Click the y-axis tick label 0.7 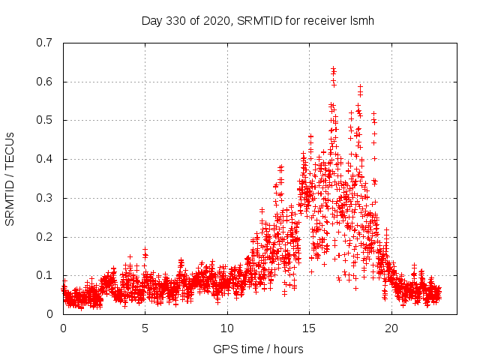(x=45, y=43)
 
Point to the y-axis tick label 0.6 (x=45, y=82)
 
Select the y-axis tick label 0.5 (x=45, y=120)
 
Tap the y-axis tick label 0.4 (x=45, y=159)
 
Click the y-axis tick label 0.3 (x=45, y=198)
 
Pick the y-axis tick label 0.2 (x=45, y=237)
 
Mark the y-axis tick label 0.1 (x=45, y=275)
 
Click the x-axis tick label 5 (x=145, y=328)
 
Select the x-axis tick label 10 (x=226, y=328)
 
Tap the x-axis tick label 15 (x=308, y=328)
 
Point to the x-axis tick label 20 (x=390, y=328)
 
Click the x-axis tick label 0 (x=63, y=328)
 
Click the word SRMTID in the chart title (x=259, y=20)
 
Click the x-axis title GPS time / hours (x=258, y=349)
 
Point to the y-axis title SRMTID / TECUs (x=10, y=178)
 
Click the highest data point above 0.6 (x=333, y=69)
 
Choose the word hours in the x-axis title (x=287, y=349)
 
